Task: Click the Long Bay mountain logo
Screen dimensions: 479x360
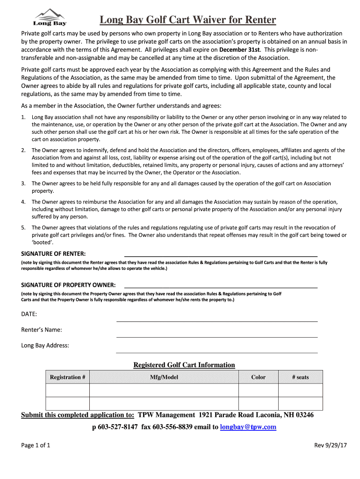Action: coord(50,17)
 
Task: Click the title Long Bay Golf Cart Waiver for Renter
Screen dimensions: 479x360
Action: coord(187,20)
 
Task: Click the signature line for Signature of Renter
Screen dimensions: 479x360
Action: coord(220,255)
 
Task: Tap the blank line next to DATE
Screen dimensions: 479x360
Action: coord(216,320)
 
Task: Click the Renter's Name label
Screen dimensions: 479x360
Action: coord(42,330)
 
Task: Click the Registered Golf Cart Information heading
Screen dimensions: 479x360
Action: coord(184,365)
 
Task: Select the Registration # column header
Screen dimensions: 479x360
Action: coord(67,377)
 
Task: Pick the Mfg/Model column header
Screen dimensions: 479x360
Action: coord(164,377)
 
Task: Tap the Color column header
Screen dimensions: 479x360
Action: coord(258,377)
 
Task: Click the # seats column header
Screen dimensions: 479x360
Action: coord(300,377)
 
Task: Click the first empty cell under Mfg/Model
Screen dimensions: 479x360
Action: coord(164,390)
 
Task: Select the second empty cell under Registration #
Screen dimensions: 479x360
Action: coord(67,403)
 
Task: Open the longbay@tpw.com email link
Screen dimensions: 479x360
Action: coord(248,427)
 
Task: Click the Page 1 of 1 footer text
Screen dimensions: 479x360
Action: coord(36,445)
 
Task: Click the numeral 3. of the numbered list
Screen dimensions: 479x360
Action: coord(23,184)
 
